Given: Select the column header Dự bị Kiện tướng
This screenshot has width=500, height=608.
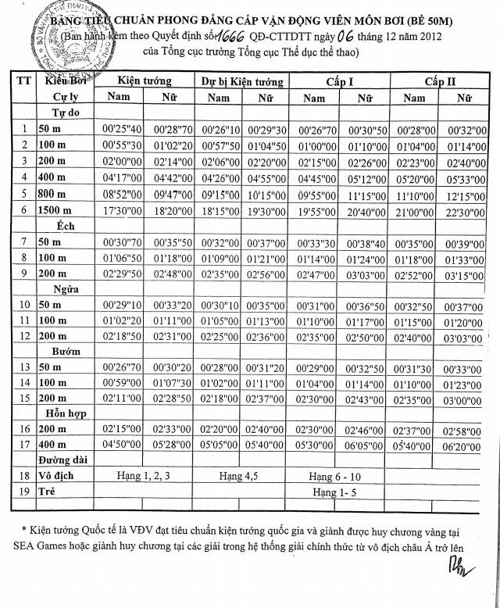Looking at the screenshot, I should coord(242,81).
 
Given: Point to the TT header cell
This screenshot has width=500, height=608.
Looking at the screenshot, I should coord(24,81).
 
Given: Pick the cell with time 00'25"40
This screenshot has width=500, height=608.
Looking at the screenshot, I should coord(121,128).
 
